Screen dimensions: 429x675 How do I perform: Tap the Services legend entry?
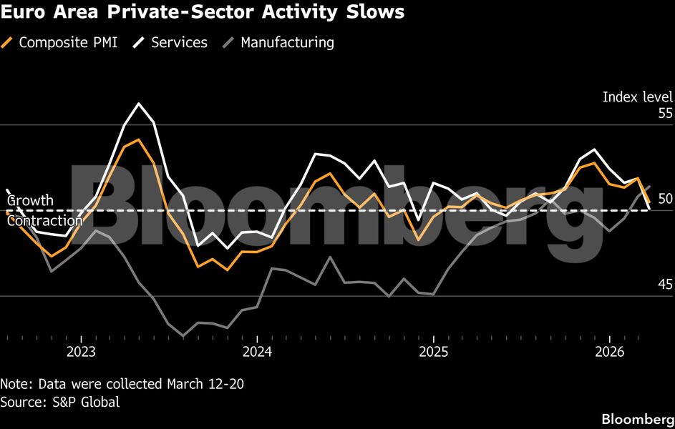(x=178, y=42)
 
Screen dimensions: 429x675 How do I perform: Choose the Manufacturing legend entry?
(x=286, y=42)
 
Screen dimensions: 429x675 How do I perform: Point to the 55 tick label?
(x=665, y=113)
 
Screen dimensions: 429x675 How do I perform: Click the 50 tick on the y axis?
(x=665, y=199)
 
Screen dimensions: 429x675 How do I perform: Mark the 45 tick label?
(x=665, y=285)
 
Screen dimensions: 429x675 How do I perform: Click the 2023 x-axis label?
(x=81, y=351)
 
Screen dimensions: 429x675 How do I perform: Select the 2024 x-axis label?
(x=257, y=351)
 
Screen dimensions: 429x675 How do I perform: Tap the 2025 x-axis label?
(x=433, y=351)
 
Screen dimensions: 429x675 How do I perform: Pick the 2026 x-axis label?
(x=609, y=351)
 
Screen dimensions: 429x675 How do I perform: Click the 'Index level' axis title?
(x=637, y=97)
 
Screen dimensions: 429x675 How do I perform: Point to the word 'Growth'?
(x=30, y=200)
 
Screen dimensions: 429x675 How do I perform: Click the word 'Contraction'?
(x=44, y=221)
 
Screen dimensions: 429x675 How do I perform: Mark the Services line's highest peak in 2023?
(x=139, y=104)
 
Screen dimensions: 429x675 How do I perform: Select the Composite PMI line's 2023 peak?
(x=139, y=141)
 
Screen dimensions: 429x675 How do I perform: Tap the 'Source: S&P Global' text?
(x=59, y=402)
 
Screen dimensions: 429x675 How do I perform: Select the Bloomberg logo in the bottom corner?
(x=636, y=418)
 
